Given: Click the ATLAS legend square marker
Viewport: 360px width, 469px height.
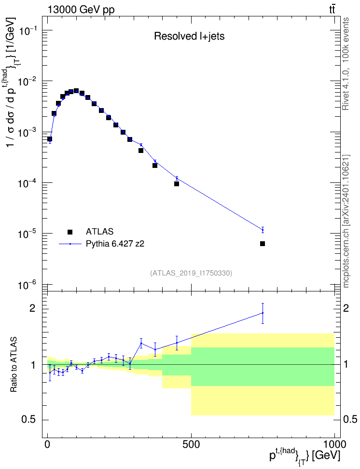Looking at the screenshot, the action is click(69, 232).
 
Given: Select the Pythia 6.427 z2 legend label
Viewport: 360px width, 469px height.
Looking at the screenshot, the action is click(115, 244).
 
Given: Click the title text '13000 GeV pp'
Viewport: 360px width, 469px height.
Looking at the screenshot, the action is click(81, 10).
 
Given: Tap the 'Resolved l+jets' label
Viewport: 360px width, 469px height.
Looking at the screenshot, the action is click(189, 36).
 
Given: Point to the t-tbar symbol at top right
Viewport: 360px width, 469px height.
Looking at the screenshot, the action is click(332, 9).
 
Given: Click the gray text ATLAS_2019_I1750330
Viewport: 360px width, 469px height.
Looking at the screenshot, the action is click(191, 273).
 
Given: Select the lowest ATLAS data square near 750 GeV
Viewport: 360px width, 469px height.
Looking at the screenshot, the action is click(263, 244).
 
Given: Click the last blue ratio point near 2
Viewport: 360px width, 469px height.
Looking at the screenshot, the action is click(263, 313).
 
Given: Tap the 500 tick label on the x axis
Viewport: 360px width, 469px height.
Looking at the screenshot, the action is click(191, 444).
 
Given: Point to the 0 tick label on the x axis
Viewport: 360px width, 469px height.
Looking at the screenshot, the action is click(48, 444).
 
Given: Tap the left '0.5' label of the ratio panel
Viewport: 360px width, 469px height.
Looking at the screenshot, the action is click(28, 420).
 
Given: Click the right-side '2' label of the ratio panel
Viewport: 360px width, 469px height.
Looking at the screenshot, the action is click(346, 308).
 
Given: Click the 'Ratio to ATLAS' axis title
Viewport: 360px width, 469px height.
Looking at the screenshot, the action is click(14, 364).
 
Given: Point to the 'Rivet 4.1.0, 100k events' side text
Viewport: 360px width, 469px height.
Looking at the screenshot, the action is click(346, 64).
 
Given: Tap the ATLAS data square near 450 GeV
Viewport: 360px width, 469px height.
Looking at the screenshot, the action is click(177, 184).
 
